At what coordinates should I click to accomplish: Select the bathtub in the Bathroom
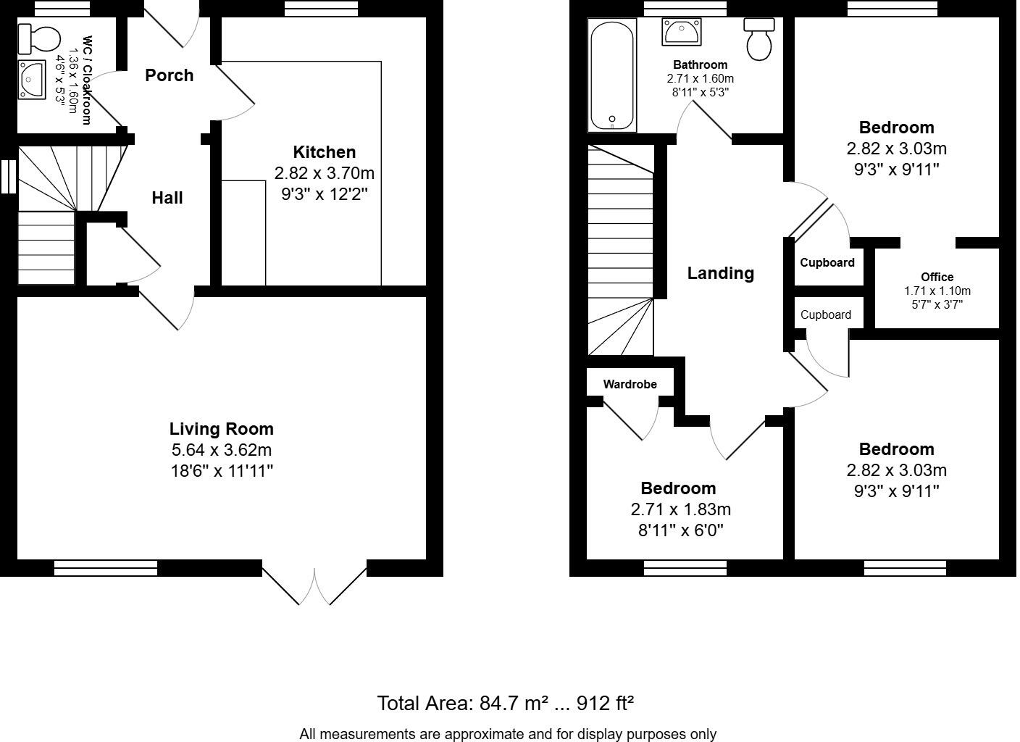[x=612, y=75]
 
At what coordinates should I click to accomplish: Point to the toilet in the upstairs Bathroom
[x=759, y=39]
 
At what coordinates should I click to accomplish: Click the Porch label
[x=169, y=75]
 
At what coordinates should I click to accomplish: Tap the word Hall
[x=167, y=198]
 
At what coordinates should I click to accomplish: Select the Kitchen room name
[x=324, y=152]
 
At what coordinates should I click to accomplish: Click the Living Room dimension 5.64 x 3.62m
[x=221, y=450]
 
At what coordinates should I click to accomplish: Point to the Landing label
[x=720, y=273]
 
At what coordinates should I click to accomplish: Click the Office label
[x=937, y=277]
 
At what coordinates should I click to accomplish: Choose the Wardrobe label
[x=630, y=384]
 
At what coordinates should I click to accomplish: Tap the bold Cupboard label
[x=827, y=263]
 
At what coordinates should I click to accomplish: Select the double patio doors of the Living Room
[x=314, y=584]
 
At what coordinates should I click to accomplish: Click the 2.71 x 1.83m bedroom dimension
[x=680, y=509]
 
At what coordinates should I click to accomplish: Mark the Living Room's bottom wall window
[x=106, y=567]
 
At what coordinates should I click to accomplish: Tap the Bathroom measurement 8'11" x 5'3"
[x=700, y=92]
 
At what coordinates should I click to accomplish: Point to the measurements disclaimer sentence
[x=507, y=734]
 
